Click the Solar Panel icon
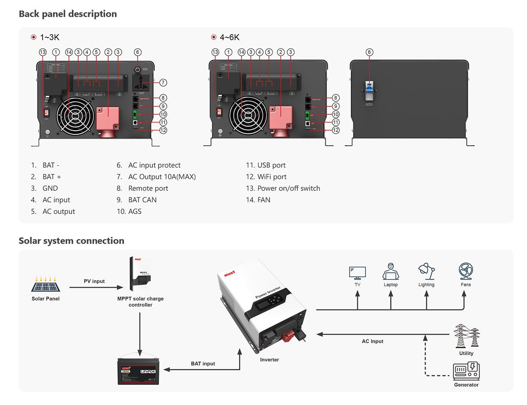point(45,283)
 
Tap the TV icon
point(357,272)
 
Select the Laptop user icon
point(390,272)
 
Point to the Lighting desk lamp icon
point(426,272)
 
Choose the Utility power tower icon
point(466,336)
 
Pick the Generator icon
point(466,371)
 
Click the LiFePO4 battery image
point(140,371)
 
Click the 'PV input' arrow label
point(94,281)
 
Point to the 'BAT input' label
point(203,364)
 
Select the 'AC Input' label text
point(372,341)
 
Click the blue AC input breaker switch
point(369,88)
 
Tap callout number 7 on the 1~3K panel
point(163,82)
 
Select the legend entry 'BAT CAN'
point(142,200)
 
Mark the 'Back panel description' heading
point(68,14)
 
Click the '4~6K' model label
point(230,37)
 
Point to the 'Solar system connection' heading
point(71,240)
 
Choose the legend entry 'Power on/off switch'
point(289,188)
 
